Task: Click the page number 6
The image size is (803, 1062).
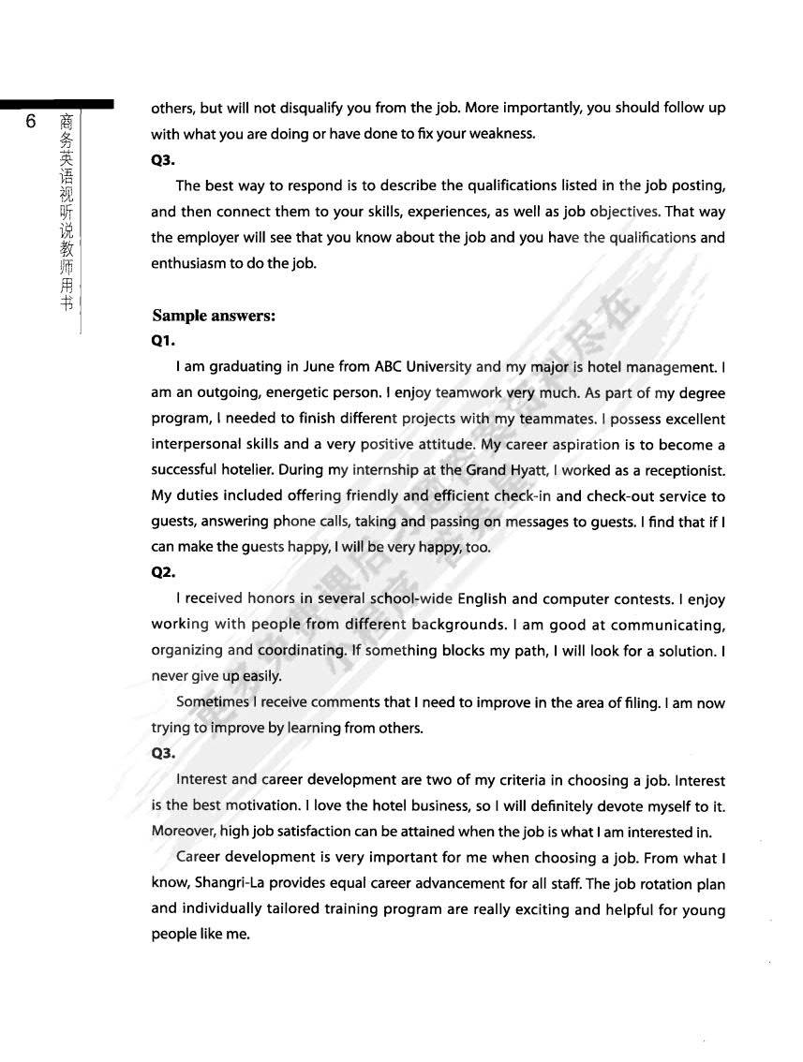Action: click(31, 123)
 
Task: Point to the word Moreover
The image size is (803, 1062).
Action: click(184, 832)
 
